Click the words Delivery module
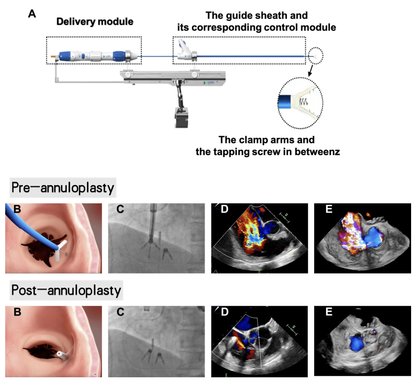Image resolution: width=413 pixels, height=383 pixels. click(95, 21)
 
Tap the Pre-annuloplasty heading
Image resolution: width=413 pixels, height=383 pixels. click(63, 188)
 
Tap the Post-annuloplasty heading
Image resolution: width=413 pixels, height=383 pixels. click(66, 290)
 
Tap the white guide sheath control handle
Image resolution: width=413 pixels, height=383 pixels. click(185, 51)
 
